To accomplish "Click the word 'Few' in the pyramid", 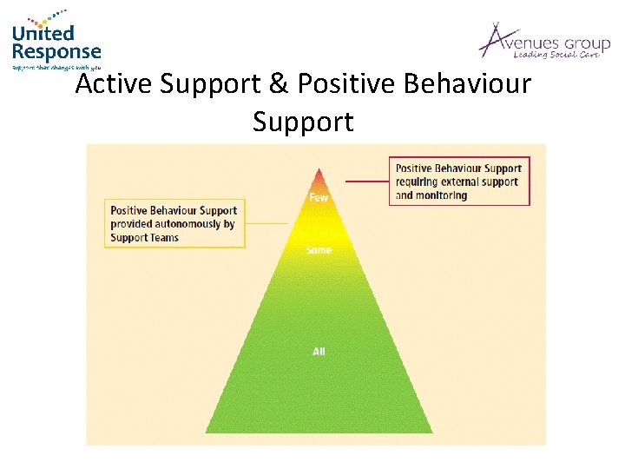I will (x=319, y=197).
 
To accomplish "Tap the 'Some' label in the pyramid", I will (x=319, y=250).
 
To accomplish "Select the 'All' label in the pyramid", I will (x=319, y=351).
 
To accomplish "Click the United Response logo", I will (x=56, y=41).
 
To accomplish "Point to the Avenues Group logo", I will (x=544, y=42).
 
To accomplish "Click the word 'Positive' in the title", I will (x=352, y=84).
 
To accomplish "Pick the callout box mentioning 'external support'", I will (x=459, y=182).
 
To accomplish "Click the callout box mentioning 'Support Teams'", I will (x=174, y=224).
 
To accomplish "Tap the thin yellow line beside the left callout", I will (x=266, y=224).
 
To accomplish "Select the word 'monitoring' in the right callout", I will (x=442, y=195).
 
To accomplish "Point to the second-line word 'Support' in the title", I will (x=303, y=122).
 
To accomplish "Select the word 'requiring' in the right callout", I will (x=421, y=182).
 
